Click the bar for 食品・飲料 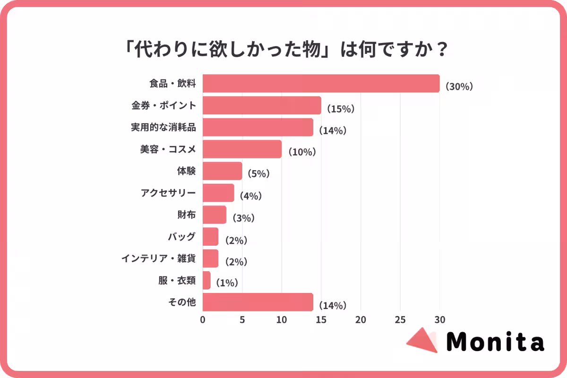pyautogui.click(x=321, y=84)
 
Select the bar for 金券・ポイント pyautogui.click(x=262, y=105)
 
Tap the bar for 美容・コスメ pyautogui.click(x=242, y=149)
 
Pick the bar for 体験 pyautogui.click(x=222, y=171)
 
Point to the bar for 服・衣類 pyautogui.click(x=206, y=280)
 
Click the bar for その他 pyautogui.click(x=258, y=302)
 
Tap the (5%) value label pyautogui.click(x=258, y=174)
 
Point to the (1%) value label pyautogui.click(x=226, y=283)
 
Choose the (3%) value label pyautogui.click(x=243, y=218)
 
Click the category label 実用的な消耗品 pyautogui.click(x=163, y=127)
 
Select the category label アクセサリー pyautogui.click(x=168, y=193)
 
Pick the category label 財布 pyautogui.click(x=187, y=215)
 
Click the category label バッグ pyautogui.click(x=181, y=236)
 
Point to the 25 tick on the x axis pyautogui.click(x=400, y=319)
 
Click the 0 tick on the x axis pyautogui.click(x=203, y=319)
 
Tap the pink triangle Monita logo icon pyautogui.click(x=422, y=340)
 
